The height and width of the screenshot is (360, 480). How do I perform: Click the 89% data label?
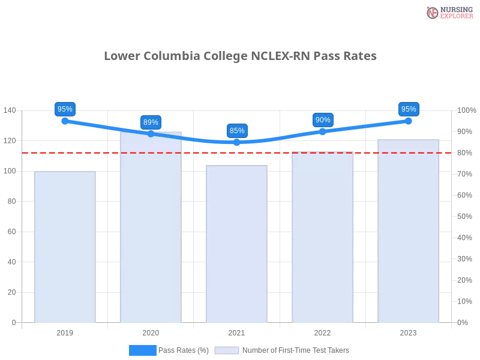[151, 122]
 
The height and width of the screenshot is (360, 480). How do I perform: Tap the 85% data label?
[237, 131]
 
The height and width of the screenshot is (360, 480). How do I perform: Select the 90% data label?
[323, 120]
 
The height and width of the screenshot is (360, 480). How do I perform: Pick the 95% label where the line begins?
[64, 109]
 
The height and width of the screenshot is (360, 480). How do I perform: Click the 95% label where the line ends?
[409, 109]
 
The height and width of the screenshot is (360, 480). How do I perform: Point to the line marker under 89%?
[151, 134]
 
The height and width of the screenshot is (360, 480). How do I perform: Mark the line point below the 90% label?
[323, 130]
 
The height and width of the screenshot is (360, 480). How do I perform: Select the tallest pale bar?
[149, 228]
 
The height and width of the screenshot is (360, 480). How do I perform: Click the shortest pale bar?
[65, 246]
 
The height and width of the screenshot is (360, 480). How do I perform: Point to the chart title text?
[240, 56]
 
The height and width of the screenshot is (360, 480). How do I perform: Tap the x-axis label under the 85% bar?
[235, 331]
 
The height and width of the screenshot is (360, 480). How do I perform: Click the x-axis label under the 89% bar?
[150, 331]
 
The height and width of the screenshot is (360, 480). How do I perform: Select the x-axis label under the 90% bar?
[322, 331]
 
